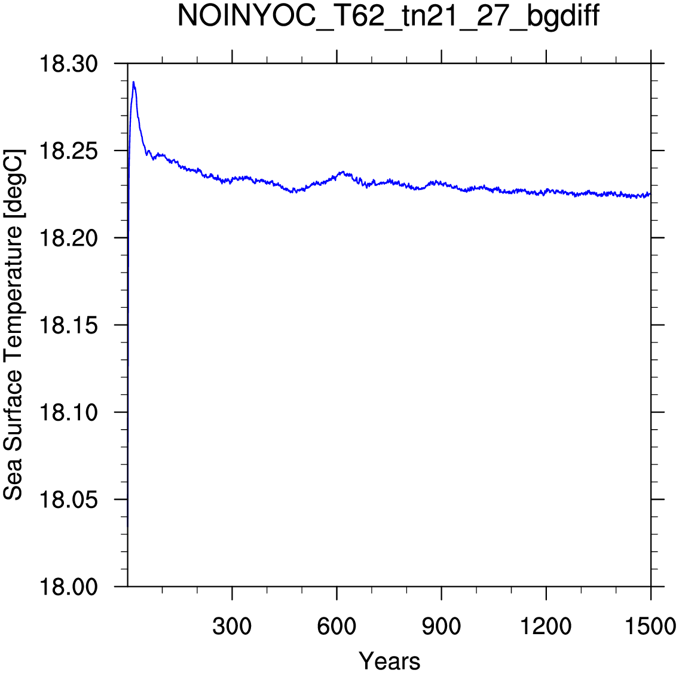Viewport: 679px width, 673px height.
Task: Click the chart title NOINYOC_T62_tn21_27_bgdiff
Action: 389,17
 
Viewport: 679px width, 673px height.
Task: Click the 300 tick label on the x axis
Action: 232,626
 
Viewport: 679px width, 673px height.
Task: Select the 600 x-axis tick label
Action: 337,626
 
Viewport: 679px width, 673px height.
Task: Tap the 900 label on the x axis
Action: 441,626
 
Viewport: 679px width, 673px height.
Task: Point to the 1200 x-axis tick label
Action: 546,626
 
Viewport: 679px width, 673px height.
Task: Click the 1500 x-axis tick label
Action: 650,626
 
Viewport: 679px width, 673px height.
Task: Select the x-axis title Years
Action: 389,661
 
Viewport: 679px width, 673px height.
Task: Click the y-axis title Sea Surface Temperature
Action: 14,325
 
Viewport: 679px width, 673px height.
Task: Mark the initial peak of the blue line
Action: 134,82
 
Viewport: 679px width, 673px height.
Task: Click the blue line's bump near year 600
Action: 343,172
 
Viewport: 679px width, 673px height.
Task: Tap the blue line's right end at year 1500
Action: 650,194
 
